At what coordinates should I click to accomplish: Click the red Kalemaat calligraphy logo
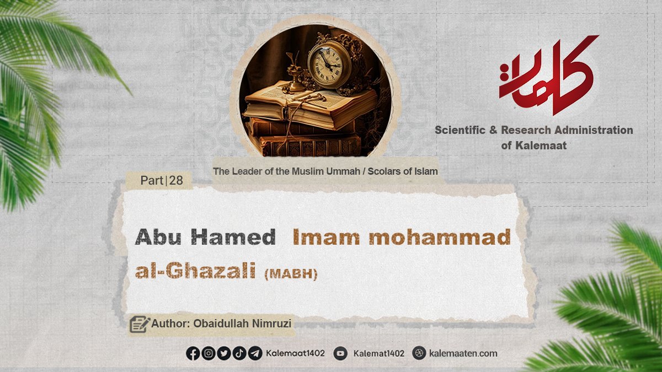pyautogui.click(x=547, y=76)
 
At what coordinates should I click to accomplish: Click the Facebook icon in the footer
pyautogui.click(x=193, y=353)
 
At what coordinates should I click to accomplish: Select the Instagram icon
pyautogui.click(x=209, y=353)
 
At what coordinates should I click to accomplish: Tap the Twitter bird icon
pyautogui.click(x=224, y=353)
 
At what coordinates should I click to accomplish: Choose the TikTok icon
pyautogui.click(x=239, y=353)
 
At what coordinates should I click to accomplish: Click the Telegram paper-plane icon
pyautogui.click(x=255, y=353)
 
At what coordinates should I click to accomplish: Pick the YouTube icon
pyautogui.click(x=340, y=353)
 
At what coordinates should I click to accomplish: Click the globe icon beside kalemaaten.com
pyautogui.click(x=419, y=353)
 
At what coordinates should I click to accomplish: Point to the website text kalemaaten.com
pyautogui.click(x=463, y=353)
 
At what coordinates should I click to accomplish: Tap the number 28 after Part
pyautogui.click(x=176, y=180)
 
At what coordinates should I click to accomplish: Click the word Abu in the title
pyautogui.click(x=158, y=237)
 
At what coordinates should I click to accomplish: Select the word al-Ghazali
pyautogui.click(x=195, y=271)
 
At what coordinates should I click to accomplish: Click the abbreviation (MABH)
pyautogui.click(x=291, y=274)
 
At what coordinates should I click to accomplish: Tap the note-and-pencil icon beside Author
pyautogui.click(x=140, y=324)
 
